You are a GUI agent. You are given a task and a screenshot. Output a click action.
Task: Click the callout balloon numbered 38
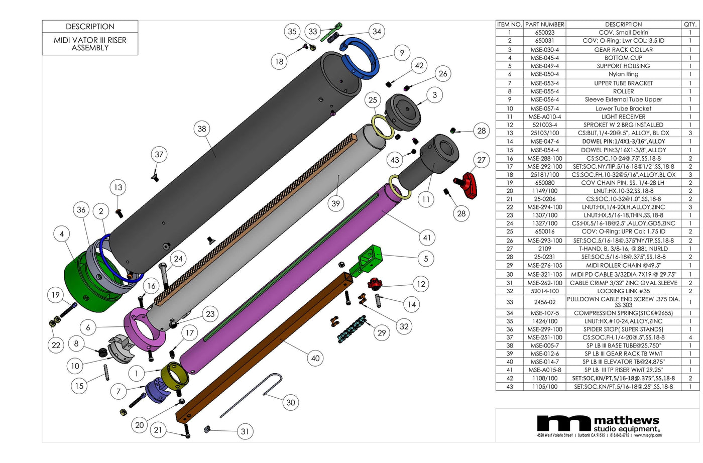201,129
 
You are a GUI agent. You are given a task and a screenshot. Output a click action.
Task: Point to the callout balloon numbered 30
290,402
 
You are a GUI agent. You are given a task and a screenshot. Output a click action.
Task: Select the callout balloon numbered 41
427,238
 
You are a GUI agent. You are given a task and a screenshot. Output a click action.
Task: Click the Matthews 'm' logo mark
564,423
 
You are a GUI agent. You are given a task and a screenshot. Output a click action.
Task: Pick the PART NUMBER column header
544,24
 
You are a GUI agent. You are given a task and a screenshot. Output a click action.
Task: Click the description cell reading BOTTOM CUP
623,58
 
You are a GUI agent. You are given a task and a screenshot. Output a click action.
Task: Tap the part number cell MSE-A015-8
544,370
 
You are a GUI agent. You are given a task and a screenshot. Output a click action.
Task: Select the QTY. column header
690,24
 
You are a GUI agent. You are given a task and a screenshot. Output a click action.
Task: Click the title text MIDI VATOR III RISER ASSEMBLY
90,44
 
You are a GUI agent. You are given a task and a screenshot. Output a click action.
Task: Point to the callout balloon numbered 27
481,160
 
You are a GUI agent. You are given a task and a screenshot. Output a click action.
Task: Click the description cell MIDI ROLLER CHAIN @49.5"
623,266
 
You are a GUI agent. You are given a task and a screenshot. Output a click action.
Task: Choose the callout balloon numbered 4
62,234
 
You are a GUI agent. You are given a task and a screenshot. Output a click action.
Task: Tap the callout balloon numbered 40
315,358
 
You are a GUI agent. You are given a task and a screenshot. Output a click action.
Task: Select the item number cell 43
509,387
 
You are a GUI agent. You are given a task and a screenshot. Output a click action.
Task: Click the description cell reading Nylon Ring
623,74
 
